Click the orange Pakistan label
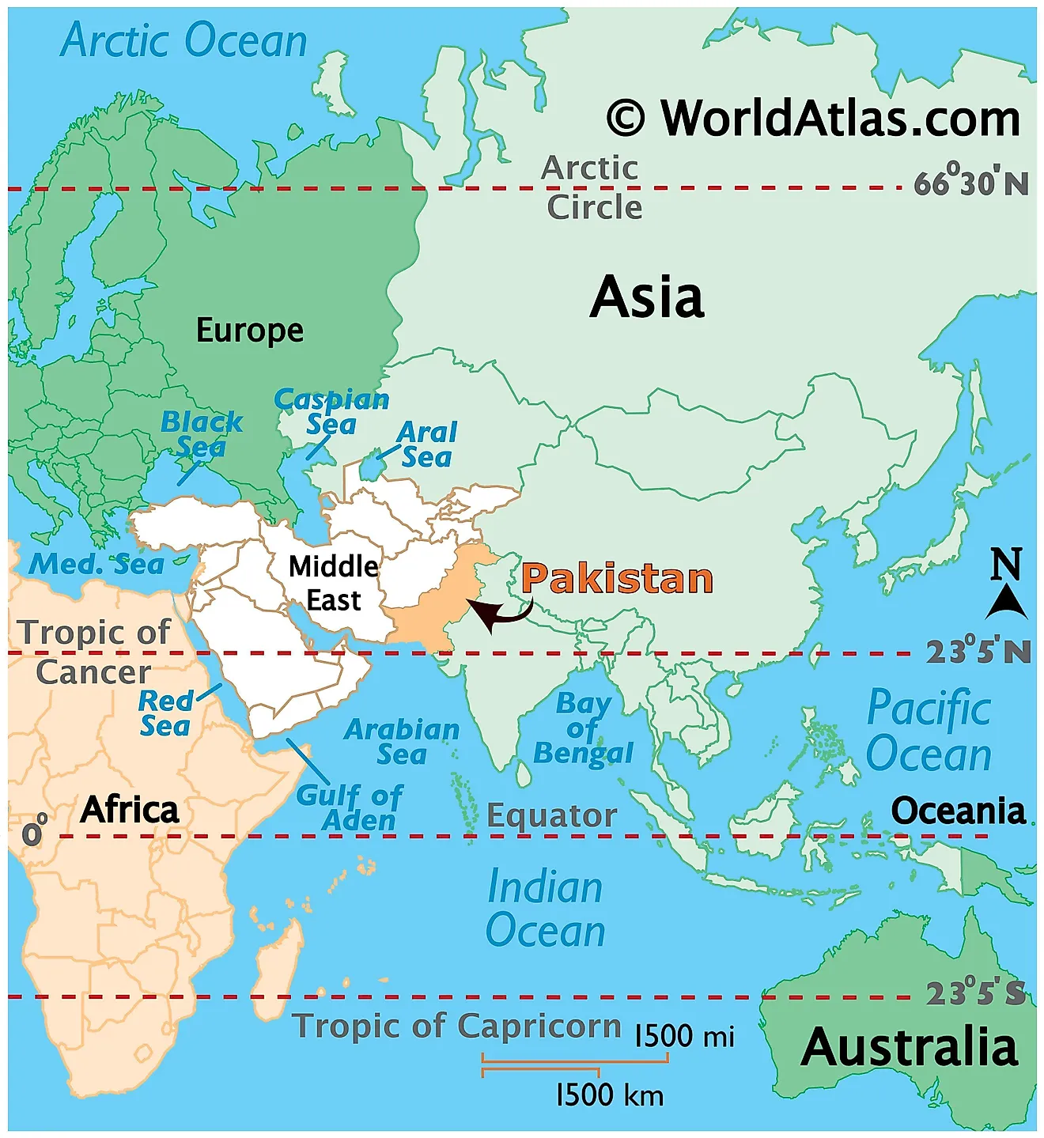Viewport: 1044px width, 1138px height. pyautogui.click(x=617, y=578)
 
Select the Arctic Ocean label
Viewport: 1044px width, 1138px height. pyautogui.click(x=183, y=40)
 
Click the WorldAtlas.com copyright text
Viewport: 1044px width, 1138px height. pyautogui.click(x=814, y=119)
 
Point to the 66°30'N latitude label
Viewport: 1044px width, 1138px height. pyautogui.click(x=971, y=183)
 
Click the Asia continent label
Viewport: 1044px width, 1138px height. pyautogui.click(x=647, y=297)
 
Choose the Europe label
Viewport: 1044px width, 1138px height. pyautogui.click(x=249, y=330)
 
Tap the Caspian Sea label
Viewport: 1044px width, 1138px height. pyautogui.click(x=331, y=411)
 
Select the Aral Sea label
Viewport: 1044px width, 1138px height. pyautogui.click(x=426, y=444)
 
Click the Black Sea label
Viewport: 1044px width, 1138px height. pyautogui.click(x=201, y=433)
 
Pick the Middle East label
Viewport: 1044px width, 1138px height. pyautogui.click(x=334, y=583)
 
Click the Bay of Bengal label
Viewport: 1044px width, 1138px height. pyautogui.click(x=583, y=728)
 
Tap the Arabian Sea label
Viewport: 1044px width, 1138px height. pyautogui.click(x=402, y=741)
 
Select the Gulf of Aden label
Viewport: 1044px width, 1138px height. pyautogui.click(x=349, y=807)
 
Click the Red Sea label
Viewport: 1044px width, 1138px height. pyautogui.click(x=166, y=713)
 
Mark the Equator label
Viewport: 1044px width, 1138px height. pyautogui.click(x=551, y=815)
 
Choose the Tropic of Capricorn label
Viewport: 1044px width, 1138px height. pyautogui.click(x=457, y=1026)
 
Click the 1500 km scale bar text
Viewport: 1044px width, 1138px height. pyautogui.click(x=609, y=1095)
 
